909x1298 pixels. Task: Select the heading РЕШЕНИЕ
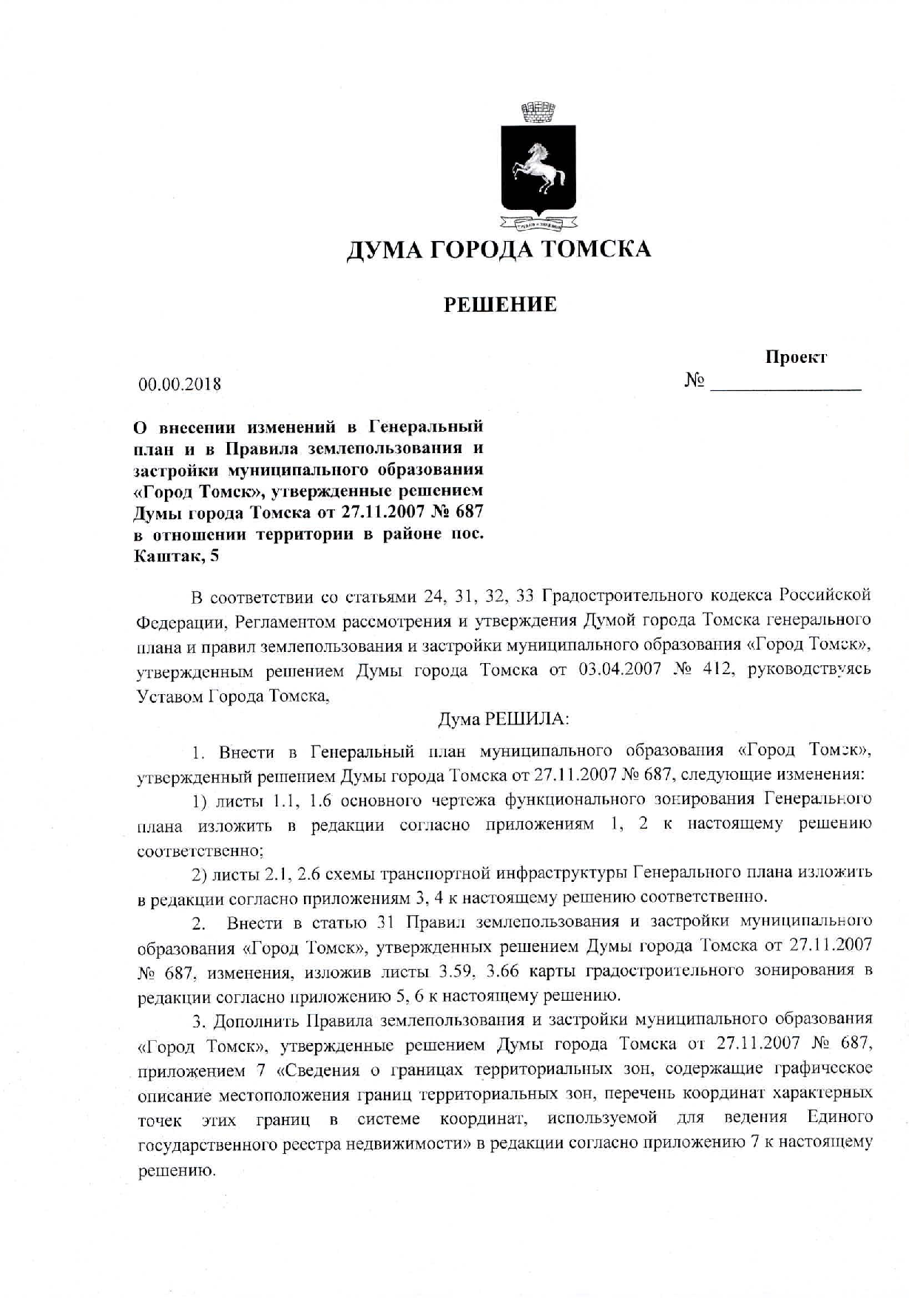click(x=500, y=304)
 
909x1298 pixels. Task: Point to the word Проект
click(x=796, y=358)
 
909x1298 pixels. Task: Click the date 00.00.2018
click(x=180, y=384)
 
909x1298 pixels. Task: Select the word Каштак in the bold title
click(x=166, y=556)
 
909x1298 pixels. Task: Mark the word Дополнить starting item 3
click(x=256, y=1021)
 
